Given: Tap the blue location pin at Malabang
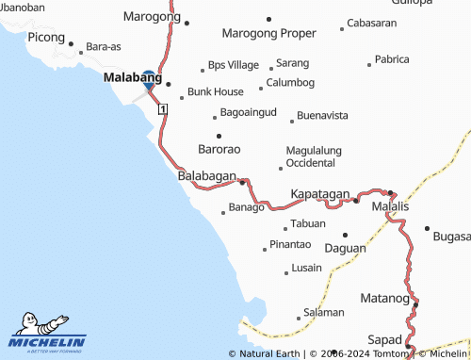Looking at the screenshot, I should pyautogui.click(x=148, y=80).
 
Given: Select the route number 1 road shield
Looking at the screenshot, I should pyautogui.click(x=163, y=110).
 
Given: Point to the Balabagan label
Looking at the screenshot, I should pyautogui.click(x=206, y=176).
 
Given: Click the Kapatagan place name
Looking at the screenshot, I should pyautogui.click(x=320, y=193).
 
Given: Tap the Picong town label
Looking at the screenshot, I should pyautogui.click(x=46, y=38).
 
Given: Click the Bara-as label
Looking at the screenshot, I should pyautogui.click(x=104, y=45).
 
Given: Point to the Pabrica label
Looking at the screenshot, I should pyautogui.click(x=392, y=59).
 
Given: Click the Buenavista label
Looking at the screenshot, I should pyautogui.click(x=323, y=116).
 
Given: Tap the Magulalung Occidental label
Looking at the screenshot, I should pyautogui.click(x=313, y=156).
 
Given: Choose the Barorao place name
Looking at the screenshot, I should pyautogui.click(x=219, y=150).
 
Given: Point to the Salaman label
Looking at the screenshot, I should pyautogui.click(x=324, y=311).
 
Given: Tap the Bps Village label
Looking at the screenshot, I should pyautogui.click(x=234, y=65).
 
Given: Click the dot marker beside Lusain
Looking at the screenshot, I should pyautogui.click(x=286, y=273).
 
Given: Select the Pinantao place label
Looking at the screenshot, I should pyautogui.click(x=290, y=245).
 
